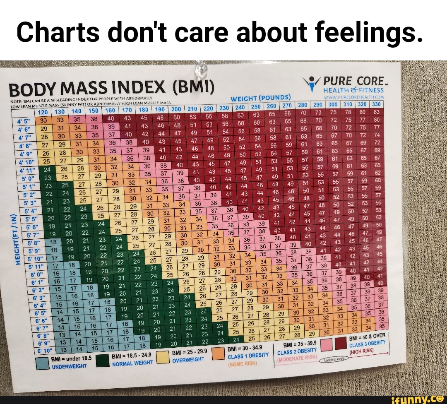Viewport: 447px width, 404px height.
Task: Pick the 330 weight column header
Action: [x=376, y=104]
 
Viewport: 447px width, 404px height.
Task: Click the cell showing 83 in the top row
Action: [x=376, y=111]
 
